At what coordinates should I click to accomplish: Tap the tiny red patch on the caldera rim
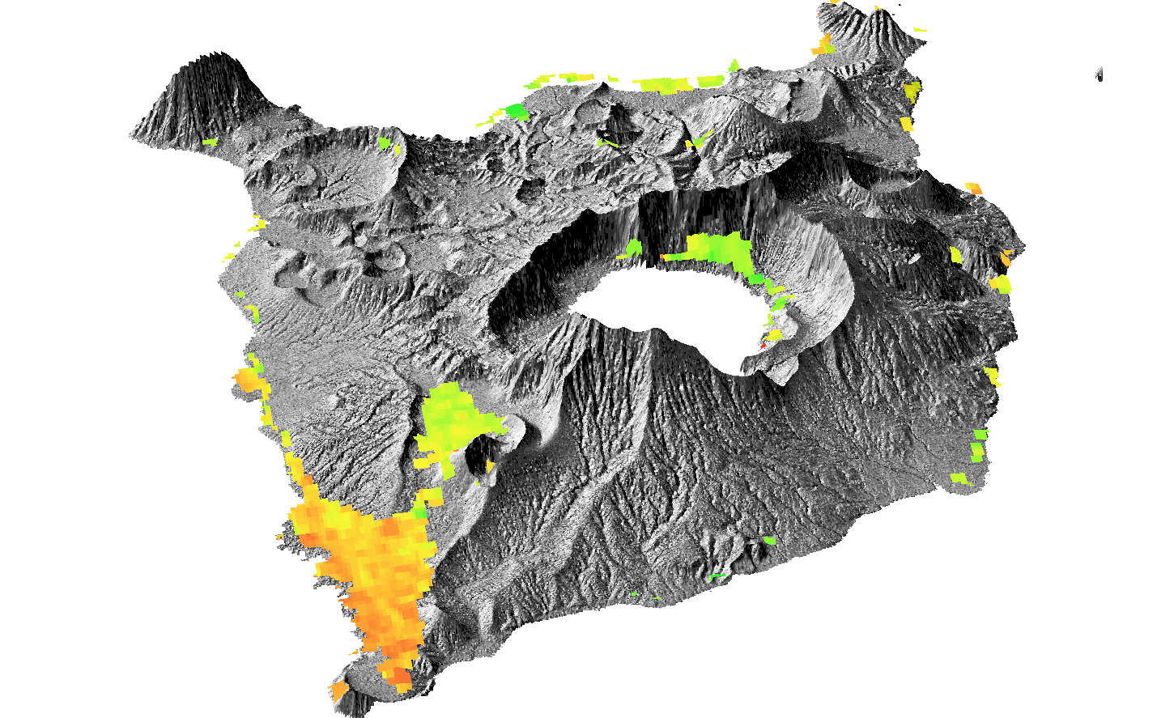pos(763,345)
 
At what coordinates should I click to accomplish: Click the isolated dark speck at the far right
pos(1099,74)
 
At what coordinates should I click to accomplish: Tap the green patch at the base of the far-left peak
pos(211,142)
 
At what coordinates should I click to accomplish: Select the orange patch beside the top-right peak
pos(824,45)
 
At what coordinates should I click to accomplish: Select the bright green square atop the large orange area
pos(420,512)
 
